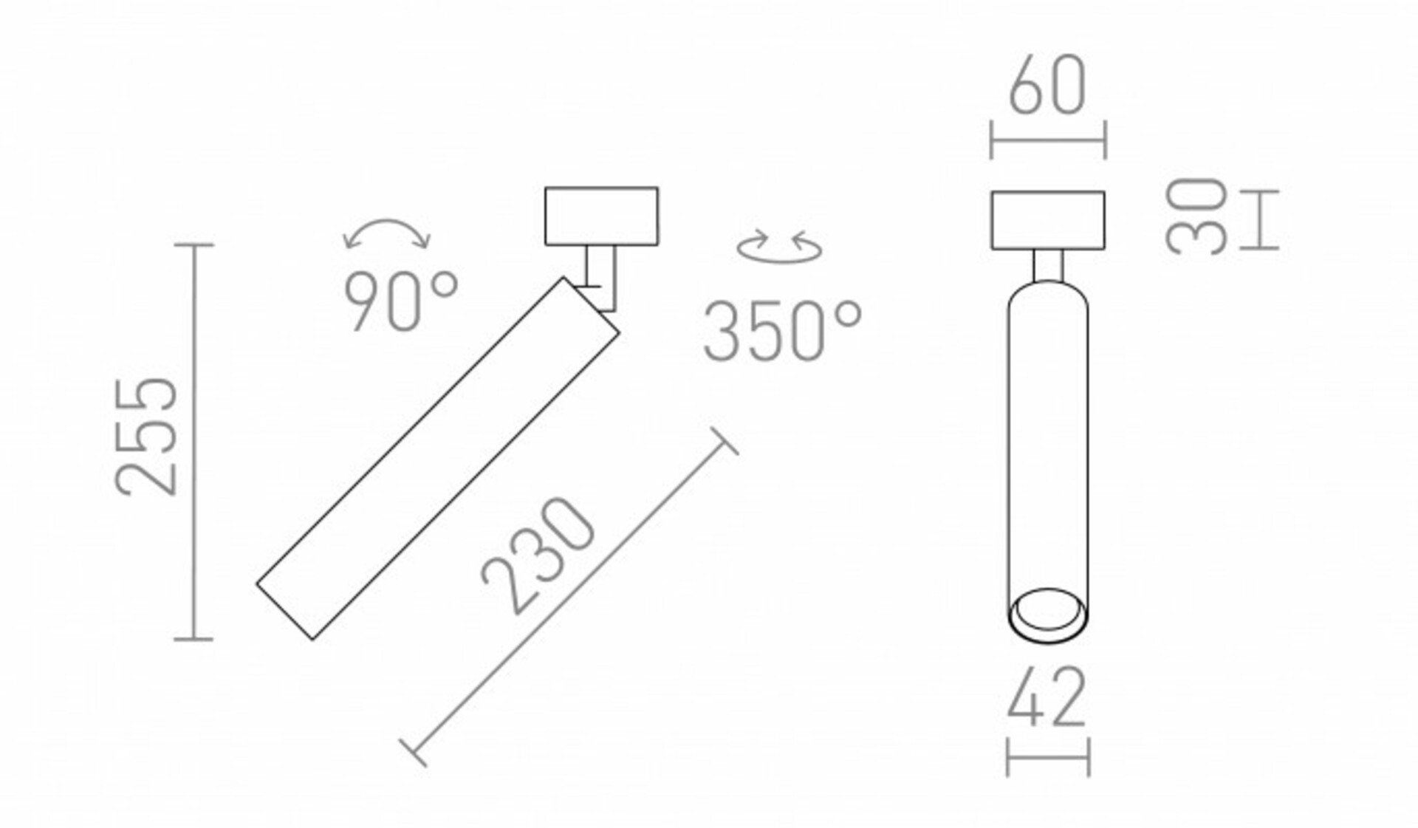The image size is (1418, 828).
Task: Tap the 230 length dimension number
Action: (x=538, y=555)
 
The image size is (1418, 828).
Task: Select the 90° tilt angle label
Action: (x=400, y=301)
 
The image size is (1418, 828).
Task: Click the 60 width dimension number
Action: (x=1047, y=86)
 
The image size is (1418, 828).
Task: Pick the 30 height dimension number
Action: (x=1196, y=217)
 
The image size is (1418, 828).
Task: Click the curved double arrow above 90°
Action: (x=387, y=232)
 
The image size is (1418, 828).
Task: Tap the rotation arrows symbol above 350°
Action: (x=780, y=247)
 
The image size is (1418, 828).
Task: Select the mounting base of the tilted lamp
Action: (x=601, y=216)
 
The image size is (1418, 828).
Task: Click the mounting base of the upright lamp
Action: (x=1048, y=219)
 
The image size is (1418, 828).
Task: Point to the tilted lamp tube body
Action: (x=437, y=458)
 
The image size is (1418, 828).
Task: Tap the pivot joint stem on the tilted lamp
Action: (x=600, y=277)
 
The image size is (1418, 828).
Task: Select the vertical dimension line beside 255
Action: (x=193, y=442)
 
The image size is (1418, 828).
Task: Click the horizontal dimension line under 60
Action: (x=1048, y=139)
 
